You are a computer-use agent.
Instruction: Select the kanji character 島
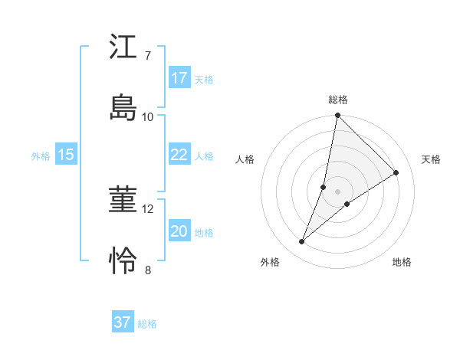pyautogui.click(x=123, y=107)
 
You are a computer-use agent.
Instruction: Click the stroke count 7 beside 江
pyautogui.click(x=147, y=56)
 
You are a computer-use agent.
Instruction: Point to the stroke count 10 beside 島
pyautogui.click(x=148, y=116)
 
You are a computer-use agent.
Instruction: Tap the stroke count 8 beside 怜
pyautogui.click(x=147, y=270)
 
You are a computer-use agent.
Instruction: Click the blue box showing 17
pyautogui.click(x=179, y=77)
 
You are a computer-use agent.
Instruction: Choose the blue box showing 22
pyautogui.click(x=179, y=155)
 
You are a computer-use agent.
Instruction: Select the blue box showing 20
pyautogui.click(x=179, y=231)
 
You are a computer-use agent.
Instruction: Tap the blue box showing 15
pyautogui.click(x=66, y=155)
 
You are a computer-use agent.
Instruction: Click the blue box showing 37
pyautogui.click(x=123, y=322)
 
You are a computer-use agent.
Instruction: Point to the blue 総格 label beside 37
pyautogui.click(x=147, y=324)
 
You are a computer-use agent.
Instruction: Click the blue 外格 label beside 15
pyautogui.click(x=41, y=156)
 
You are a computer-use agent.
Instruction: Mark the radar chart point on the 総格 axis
pyautogui.click(x=337, y=116)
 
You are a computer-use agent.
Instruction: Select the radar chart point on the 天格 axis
pyautogui.click(x=396, y=173)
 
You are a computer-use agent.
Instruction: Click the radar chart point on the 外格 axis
pyautogui.click(x=301, y=242)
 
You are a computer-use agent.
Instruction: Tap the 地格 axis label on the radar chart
pyautogui.click(x=402, y=262)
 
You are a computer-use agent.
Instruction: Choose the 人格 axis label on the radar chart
pyautogui.click(x=245, y=159)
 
